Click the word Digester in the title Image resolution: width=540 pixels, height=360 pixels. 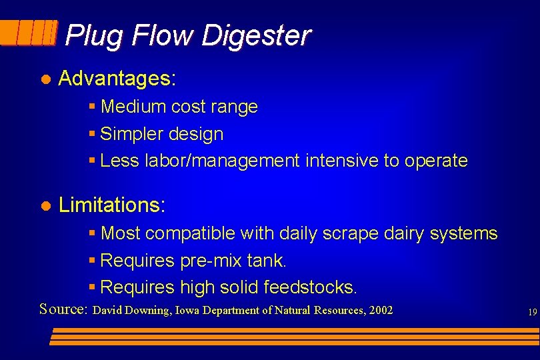255,35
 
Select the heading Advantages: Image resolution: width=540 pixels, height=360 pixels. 117,79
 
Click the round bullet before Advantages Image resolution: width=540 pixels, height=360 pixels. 45,79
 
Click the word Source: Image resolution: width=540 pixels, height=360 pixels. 64,309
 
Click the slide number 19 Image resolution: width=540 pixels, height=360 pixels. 532,311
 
